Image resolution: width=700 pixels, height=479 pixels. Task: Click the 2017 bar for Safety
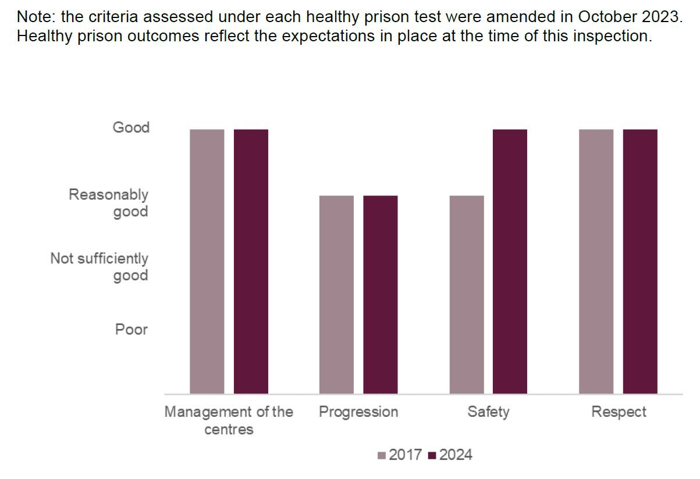coord(467,295)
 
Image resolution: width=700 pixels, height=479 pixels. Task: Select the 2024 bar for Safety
coord(510,262)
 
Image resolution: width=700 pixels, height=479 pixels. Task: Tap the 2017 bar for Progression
coord(336,295)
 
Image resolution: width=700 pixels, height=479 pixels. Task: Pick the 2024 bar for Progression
coord(381,295)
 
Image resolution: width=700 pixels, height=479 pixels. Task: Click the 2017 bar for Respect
coord(596,262)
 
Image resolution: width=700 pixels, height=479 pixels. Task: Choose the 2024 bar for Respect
coord(640,262)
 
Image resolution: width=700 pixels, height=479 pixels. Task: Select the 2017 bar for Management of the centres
coord(207,262)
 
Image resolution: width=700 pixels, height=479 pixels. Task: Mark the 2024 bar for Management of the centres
coord(251,262)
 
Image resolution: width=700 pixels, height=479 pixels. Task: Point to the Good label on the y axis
coord(131,127)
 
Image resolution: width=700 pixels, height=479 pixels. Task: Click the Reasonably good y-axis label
coord(109,203)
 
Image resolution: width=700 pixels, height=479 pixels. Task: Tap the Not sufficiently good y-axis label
coord(100,266)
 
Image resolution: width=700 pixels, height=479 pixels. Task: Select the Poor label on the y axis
coord(132,330)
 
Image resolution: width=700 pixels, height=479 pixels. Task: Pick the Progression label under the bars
coord(358,412)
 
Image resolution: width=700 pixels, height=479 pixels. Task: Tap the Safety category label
coord(488,412)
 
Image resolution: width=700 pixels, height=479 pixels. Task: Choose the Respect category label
coord(619,412)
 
